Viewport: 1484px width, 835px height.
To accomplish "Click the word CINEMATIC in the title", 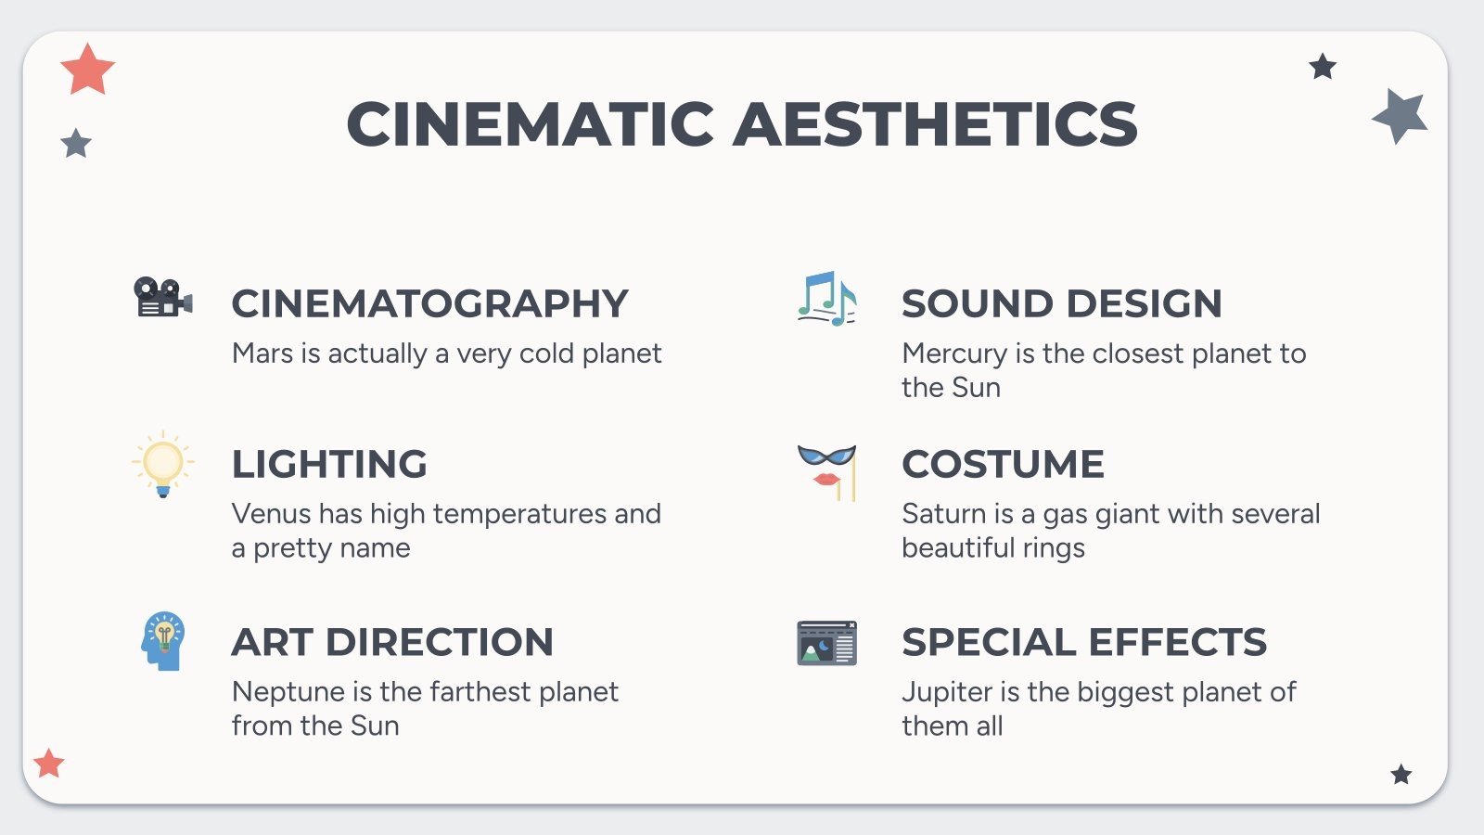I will [530, 124].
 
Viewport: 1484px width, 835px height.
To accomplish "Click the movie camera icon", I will [163, 298].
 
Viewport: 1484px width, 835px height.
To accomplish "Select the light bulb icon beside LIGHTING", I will [163, 463].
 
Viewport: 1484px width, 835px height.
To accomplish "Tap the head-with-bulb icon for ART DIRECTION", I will [163, 641].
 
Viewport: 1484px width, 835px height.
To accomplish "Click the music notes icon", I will [826, 299].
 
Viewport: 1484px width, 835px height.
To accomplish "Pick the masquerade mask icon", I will [826, 471].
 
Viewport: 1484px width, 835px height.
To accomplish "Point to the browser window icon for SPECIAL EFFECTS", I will [826, 643].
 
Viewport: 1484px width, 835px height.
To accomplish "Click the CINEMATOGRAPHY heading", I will [429, 303].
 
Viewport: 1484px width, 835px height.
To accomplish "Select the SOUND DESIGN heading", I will [1061, 303].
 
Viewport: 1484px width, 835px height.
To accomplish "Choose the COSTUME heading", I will [1003, 464].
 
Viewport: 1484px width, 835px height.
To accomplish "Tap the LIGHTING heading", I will [329, 464].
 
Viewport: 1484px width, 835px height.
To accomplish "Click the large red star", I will [87, 70].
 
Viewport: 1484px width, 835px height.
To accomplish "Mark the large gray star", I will [1401, 115].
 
